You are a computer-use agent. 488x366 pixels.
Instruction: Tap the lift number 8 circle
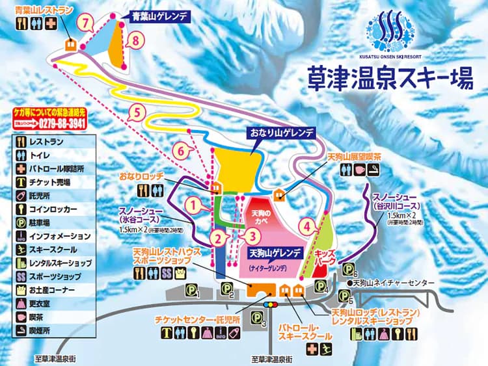point(135,41)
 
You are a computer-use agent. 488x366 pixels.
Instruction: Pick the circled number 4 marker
point(308,227)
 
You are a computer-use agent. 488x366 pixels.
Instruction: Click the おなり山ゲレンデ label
point(282,133)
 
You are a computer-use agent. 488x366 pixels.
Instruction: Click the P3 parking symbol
point(259,318)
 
